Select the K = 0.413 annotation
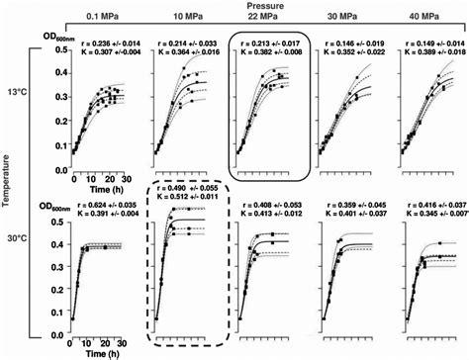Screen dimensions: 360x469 271,213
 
